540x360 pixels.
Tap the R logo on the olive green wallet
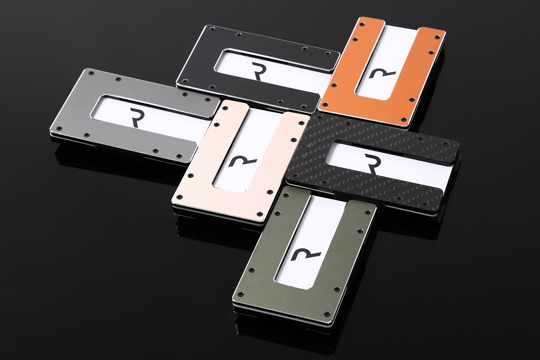pos(305,256)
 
